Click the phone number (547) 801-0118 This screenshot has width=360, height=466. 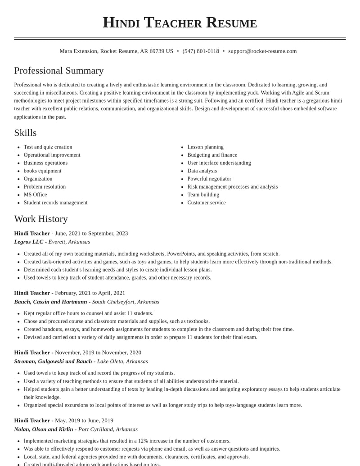[x=201, y=51]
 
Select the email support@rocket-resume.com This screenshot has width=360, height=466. [x=262, y=51]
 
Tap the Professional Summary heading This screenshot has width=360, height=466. [x=59, y=71]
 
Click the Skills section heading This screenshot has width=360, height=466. [x=25, y=133]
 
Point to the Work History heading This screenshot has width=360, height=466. [x=41, y=219]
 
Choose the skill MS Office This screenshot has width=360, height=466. [x=35, y=195]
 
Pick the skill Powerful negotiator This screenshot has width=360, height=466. [x=209, y=179]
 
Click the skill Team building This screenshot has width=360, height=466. [x=203, y=195]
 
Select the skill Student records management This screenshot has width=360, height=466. [x=55, y=203]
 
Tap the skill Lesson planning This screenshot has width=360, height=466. [x=205, y=147]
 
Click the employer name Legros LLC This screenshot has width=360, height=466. [x=29, y=242]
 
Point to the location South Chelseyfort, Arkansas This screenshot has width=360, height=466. [x=126, y=302]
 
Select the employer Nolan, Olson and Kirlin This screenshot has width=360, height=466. [x=44, y=429]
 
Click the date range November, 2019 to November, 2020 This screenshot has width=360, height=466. [x=98, y=353]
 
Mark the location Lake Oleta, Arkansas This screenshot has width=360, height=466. [x=122, y=361]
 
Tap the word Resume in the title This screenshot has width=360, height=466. [x=231, y=23]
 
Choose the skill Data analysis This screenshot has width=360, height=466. [x=202, y=171]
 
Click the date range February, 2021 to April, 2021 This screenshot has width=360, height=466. [x=90, y=293]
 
